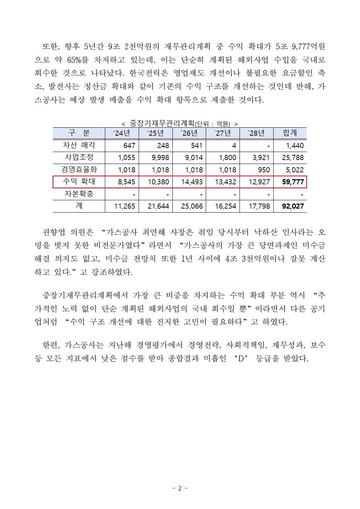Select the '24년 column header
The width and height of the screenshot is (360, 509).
(122, 133)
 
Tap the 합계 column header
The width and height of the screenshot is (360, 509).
(290, 133)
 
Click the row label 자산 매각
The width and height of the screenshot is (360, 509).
(79, 145)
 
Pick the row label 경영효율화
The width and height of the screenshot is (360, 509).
(79, 169)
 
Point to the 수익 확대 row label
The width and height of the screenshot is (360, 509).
(79, 181)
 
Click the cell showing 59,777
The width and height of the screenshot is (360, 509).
(292, 182)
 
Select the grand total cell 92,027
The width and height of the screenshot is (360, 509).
(292, 206)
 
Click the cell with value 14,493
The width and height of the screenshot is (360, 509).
(192, 182)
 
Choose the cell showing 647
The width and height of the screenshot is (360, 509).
(129, 146)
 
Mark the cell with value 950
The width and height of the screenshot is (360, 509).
(264, 170)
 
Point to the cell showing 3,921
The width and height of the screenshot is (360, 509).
(259, 158)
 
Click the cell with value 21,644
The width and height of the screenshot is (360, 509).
(158, 206)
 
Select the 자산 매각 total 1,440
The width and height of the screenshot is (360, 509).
(295, 146)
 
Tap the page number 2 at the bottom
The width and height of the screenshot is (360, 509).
(180, 488)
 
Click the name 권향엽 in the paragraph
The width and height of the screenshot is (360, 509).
(54, 232)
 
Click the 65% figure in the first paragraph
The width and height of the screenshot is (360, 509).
(78, 60)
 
